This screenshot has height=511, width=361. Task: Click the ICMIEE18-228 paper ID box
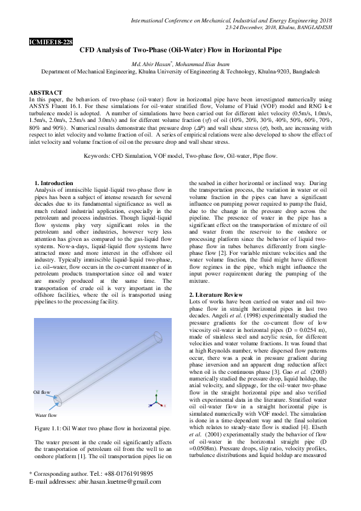coord(51,42)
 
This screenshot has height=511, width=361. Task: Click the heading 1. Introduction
coord(54,183)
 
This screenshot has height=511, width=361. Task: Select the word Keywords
coord(98,157)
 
